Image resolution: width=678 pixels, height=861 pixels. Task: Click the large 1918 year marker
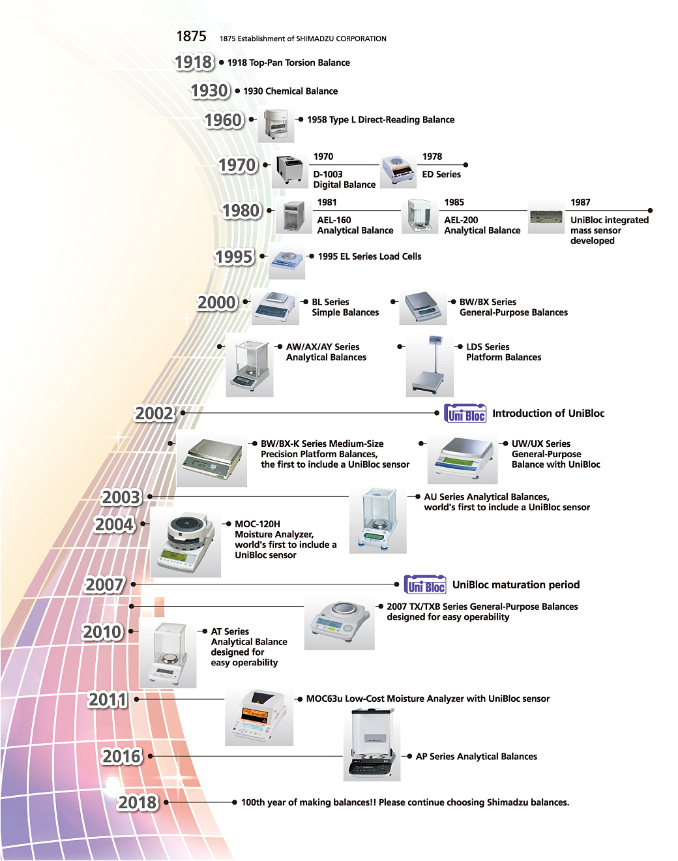(194, 63)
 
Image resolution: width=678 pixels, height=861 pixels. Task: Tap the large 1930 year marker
(210, 91)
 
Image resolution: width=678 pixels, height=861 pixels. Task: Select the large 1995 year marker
(234, 257)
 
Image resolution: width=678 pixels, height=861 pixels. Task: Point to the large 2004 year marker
(114, 524)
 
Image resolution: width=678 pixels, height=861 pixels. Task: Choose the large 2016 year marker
(122, 757)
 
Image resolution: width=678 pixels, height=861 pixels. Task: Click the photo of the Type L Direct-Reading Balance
(276, 125)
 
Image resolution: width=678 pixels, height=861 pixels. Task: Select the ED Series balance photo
(398, 171)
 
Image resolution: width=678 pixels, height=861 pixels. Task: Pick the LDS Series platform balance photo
(430, 367)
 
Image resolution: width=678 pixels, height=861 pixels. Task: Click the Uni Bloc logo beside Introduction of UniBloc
(465, 414)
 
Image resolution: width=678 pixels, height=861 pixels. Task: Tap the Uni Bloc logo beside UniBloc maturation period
(425, 585)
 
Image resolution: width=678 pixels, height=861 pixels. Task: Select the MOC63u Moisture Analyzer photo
(259, 716)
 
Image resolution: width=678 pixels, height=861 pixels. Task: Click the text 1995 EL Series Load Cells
(370, 256)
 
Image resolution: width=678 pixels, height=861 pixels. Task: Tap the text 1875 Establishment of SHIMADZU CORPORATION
(302, 38)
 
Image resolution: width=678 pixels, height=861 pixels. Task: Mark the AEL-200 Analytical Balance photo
(419, 217)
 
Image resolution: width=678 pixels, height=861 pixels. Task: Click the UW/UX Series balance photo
(462, 460)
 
